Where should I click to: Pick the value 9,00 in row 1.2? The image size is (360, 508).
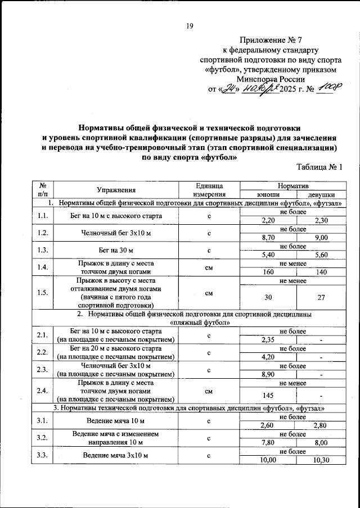321,238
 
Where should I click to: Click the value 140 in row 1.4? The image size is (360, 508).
321,271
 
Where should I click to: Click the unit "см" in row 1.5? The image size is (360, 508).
208,293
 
